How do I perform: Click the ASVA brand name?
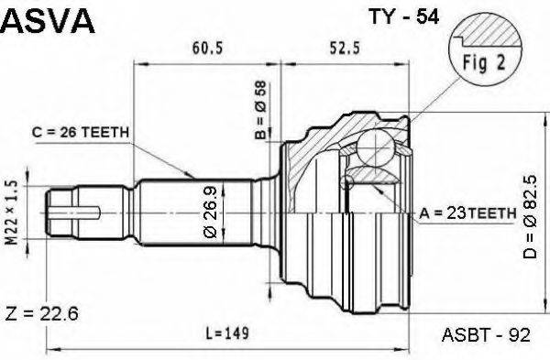click(x=48, y=21)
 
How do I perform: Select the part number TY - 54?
click(x=403, y=16)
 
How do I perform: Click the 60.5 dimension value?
click(x=207, y=48)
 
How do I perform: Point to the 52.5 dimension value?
click(x=345, y=48)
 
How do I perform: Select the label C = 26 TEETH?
click(x=81, y=133)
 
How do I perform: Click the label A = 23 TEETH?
click(x=467, y=213)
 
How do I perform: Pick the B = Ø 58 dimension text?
click(x=260, y=110)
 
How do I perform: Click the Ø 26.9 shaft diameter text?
click(x=211, y=213)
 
